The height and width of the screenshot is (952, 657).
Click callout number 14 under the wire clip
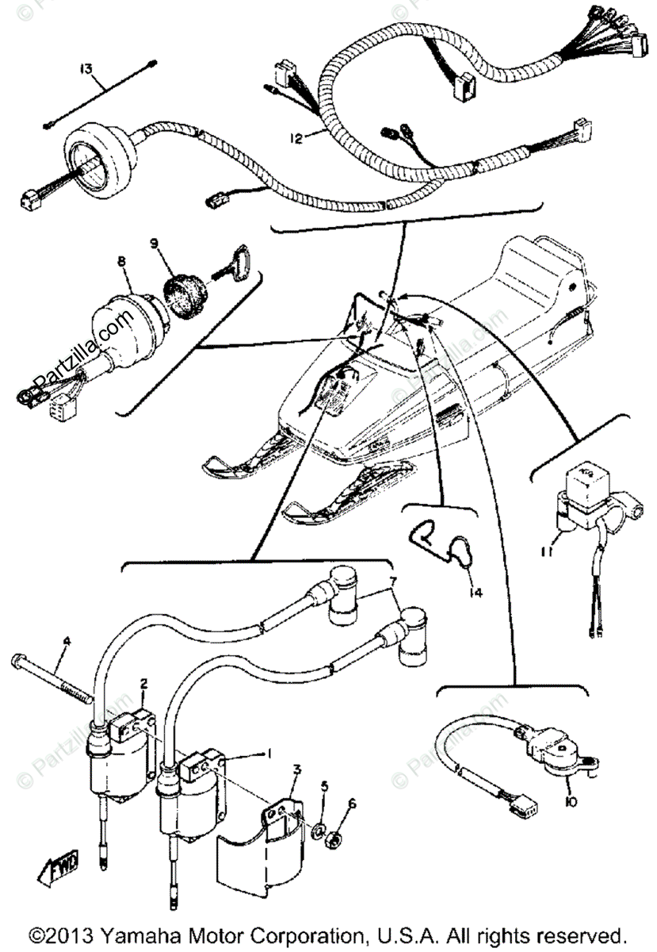[473, 589]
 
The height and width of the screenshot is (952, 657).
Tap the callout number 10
[572, 802]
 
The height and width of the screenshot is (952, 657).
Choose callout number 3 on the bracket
[296, 769]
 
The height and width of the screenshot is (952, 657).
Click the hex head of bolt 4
[20, 661]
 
